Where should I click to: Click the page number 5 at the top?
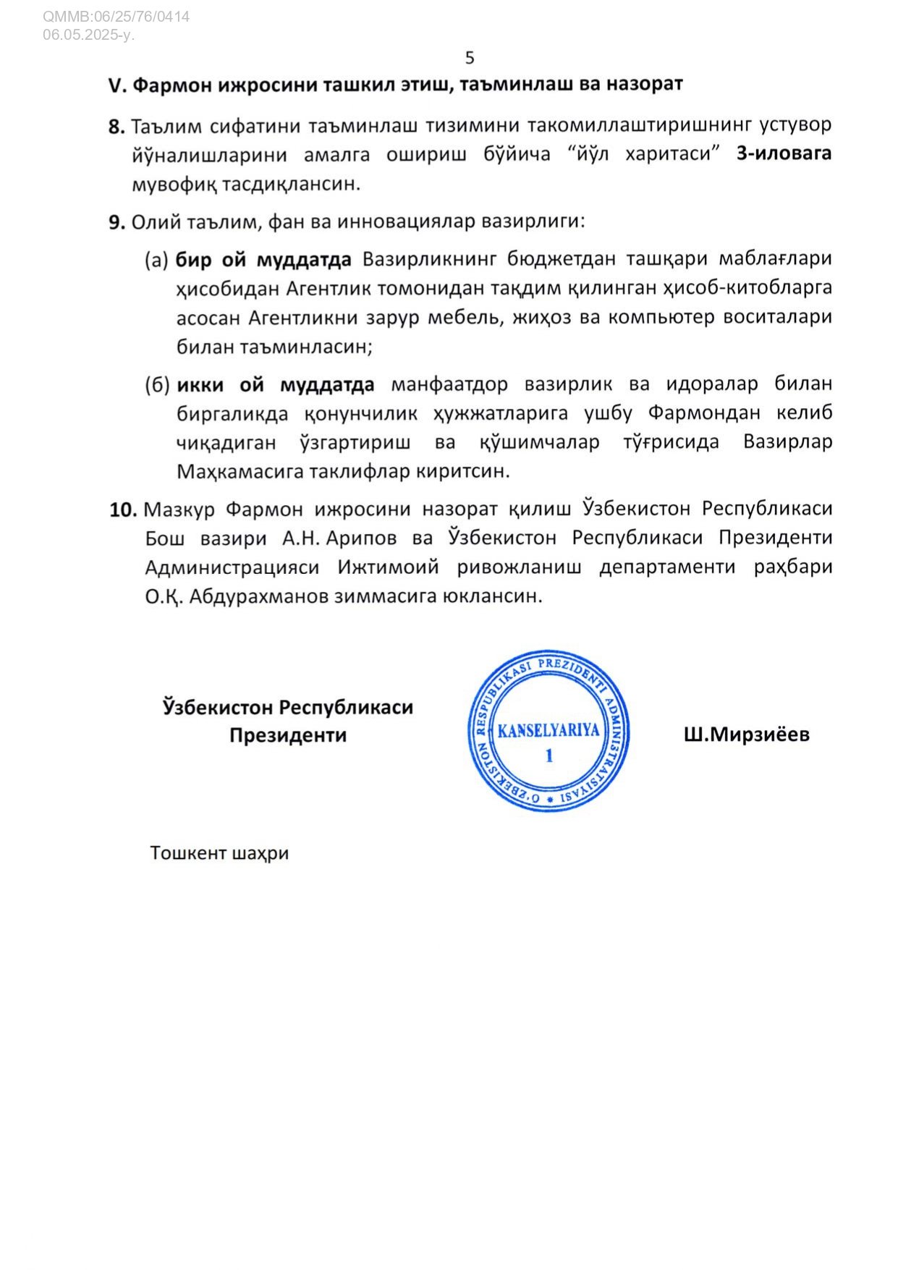pos(470,58)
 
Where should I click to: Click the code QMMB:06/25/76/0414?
pos(116,17)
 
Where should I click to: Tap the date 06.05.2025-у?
pos(88,34)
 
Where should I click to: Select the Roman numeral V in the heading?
pos(117,85)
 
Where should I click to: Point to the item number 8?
pos(117,127)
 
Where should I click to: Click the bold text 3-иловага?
pos(784,153)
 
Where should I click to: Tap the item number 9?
pos(117,222)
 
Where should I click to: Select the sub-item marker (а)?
pos(157,259)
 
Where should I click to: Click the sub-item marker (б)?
pos(157,384)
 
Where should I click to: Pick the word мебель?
pos(468,317)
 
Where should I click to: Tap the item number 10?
pos(123,509)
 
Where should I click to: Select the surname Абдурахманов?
pos(258,596)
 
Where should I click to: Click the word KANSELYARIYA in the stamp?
pos(548,729)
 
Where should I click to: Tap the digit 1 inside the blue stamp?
pos(549,756)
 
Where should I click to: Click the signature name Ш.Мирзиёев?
pos(746,735)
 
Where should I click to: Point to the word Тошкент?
pos(188,853)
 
